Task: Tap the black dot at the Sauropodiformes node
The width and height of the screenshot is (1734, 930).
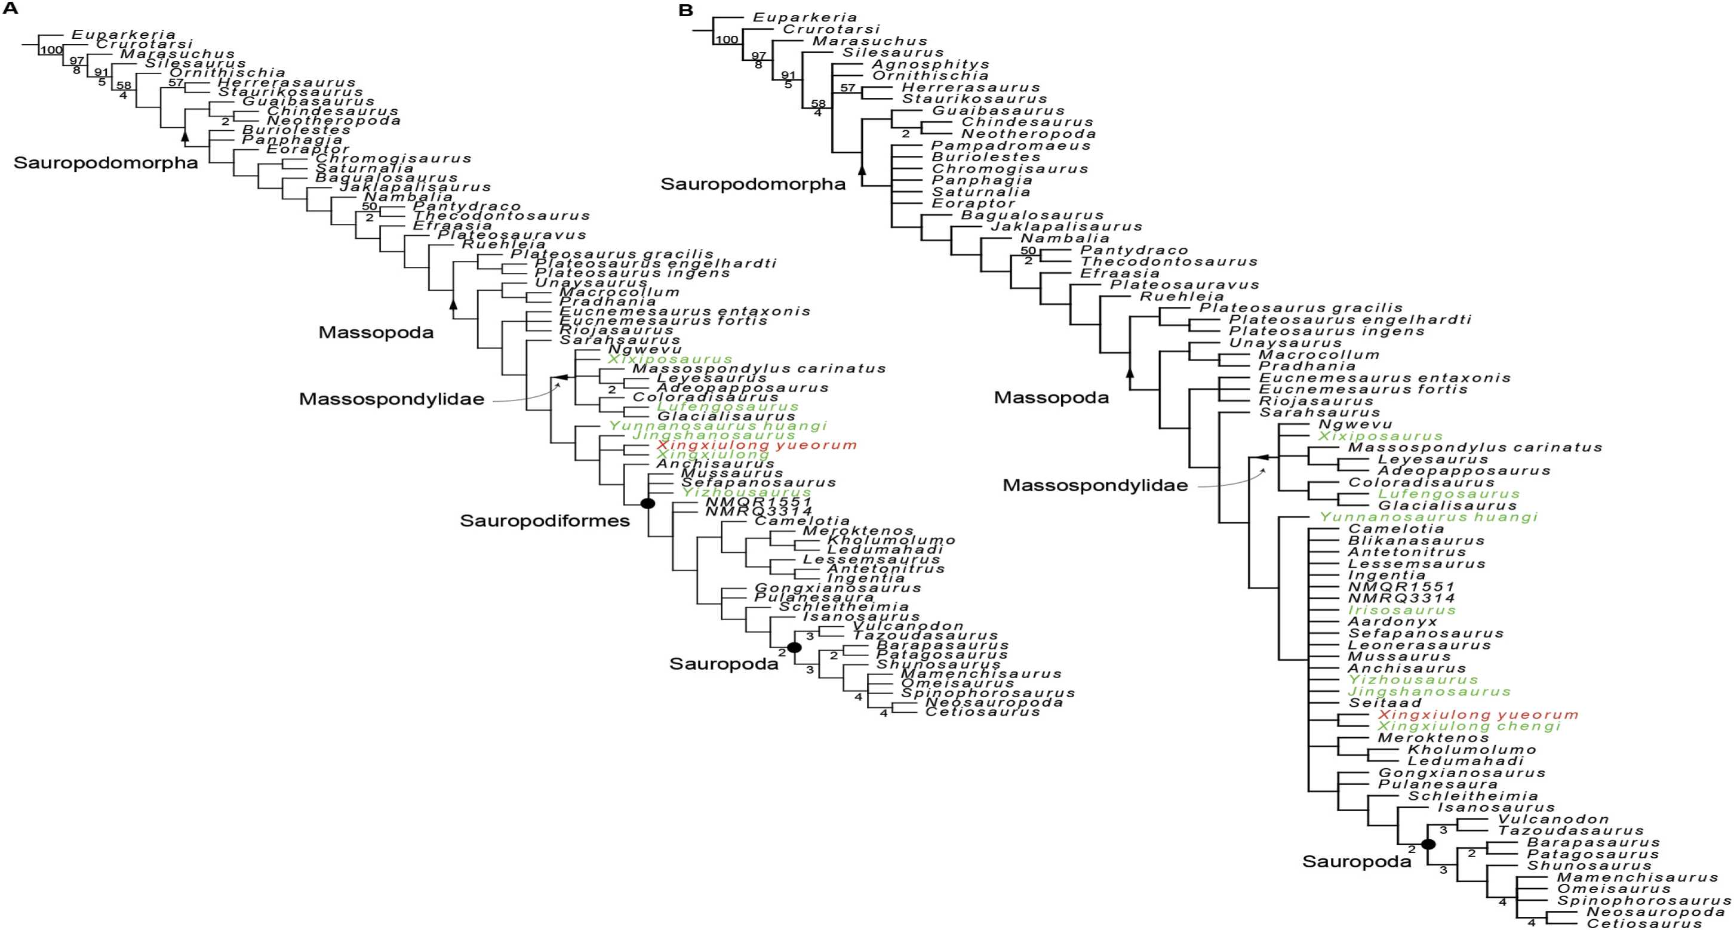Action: point(647,503)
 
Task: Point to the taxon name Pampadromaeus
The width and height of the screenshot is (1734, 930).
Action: point(1010,146)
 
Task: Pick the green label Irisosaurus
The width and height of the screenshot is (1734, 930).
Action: point(1401,611)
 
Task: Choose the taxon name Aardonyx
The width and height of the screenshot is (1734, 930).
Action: point(1392,622)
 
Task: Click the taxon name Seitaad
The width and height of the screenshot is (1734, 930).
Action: point(1385,703)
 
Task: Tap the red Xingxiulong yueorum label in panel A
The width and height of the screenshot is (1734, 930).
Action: point(757,445)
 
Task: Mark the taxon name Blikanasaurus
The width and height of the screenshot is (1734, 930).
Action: point(1416,540)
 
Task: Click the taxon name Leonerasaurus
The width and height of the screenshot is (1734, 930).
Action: point(1419,645)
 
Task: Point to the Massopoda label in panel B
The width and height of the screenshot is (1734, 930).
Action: point(1051,398)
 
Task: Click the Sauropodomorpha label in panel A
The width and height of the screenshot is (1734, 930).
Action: point(106,163)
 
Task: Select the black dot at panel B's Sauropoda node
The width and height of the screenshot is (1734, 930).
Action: point(1428,844)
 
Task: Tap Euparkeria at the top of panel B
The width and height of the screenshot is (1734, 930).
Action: point(805,17)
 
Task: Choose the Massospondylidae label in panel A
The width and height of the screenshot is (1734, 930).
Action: point(391,399)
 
